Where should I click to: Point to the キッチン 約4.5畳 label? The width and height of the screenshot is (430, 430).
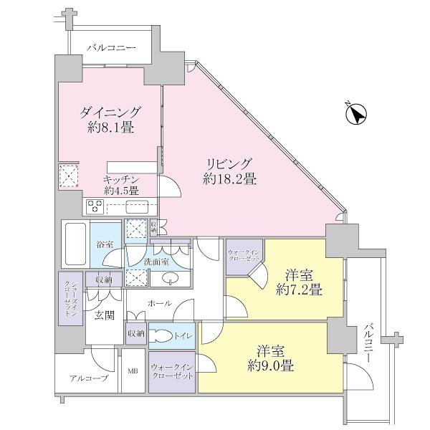pos(120,186)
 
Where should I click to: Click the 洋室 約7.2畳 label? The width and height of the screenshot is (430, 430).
pos(295,282)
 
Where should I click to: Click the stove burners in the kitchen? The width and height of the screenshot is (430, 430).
pos(95,207)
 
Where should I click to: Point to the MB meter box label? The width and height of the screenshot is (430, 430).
pos(133,371)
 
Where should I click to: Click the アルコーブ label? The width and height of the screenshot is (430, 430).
pos(89,378)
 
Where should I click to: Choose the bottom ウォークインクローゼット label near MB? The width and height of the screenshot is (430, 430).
pos(172,372)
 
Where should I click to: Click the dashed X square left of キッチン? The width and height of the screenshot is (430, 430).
pos(69,176)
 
